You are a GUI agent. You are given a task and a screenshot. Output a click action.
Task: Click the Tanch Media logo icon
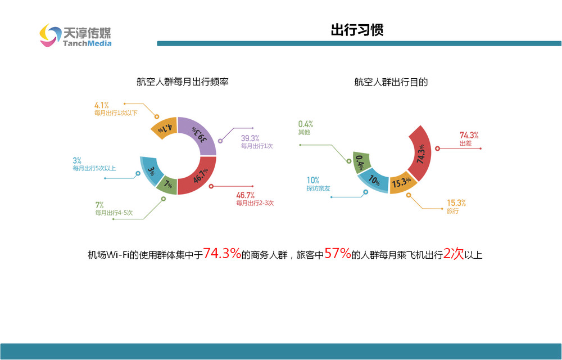click(50, 35)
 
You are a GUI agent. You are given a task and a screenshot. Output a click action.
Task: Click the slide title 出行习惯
click(357, 30)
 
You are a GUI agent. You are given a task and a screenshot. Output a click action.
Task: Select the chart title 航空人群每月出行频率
click(183, 82)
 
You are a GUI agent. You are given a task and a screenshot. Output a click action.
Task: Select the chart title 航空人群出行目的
click(391, 82)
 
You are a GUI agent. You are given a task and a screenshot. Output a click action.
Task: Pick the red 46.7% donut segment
click(200, 177)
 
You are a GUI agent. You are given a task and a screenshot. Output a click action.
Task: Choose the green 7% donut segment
click(168, 184)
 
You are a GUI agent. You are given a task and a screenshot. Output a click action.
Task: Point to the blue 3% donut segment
click(151, 170)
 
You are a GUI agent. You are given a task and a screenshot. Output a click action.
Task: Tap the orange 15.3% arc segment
click(402, 182)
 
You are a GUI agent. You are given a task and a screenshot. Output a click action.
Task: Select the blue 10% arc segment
click(374, 180)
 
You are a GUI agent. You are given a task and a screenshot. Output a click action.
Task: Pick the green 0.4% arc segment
click(361, 163)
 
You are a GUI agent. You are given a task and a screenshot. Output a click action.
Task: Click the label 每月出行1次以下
click(116, 113)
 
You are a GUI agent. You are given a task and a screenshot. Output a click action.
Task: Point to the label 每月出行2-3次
click(255, 203)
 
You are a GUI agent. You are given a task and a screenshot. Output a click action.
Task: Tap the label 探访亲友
click(318, 188)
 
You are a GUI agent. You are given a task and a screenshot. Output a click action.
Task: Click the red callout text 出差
click(465, 143)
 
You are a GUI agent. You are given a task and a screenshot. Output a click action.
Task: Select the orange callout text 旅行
click(452, 211)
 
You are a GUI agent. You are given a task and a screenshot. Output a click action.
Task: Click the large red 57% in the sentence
click(338, 254)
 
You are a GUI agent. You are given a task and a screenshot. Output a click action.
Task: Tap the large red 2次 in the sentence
click(454, 254)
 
